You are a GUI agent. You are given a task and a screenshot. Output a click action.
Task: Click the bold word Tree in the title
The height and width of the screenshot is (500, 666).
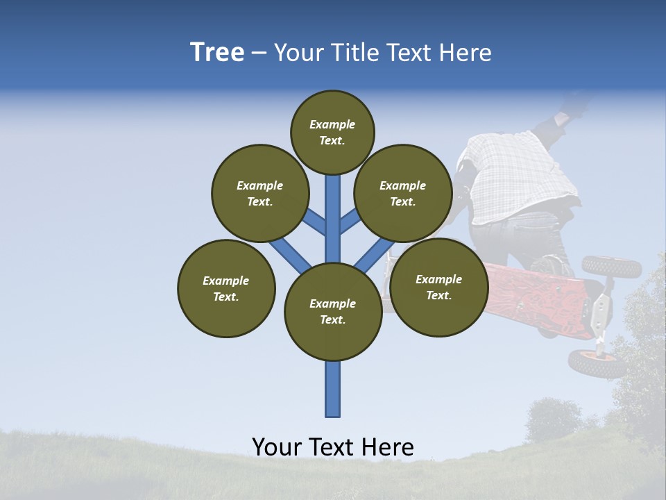click(217, 52)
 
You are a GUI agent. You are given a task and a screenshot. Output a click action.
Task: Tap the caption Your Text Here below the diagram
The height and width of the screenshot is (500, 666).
click(332, 447)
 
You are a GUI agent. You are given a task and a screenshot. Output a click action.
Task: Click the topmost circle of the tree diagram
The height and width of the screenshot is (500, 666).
click(332, 132)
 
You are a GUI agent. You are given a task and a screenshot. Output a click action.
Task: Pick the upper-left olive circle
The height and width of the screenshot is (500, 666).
click(259, 193)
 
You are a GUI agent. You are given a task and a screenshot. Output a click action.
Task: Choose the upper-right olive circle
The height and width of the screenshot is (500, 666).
click(402, 193)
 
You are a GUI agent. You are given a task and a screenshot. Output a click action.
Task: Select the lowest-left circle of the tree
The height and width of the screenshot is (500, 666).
click(226, 288)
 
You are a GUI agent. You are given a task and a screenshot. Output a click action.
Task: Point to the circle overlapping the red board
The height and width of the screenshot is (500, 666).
click(438, 287)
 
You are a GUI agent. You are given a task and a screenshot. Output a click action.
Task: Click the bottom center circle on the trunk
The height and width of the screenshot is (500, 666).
click(333, 312)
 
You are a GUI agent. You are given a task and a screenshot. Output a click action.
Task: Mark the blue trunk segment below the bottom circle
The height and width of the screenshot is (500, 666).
click(333, 389)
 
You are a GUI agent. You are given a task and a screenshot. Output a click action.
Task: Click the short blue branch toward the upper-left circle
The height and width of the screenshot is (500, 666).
click(314, 222)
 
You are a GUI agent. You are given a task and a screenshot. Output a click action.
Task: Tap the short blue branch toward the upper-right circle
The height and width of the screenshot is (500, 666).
click(350, 222)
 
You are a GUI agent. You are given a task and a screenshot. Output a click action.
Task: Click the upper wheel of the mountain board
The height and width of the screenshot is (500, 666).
click(611, 266)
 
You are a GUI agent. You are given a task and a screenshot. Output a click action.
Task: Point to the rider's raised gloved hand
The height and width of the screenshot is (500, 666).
click(572, 106)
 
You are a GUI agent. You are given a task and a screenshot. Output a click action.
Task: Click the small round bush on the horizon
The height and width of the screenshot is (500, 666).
click(553, 418)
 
